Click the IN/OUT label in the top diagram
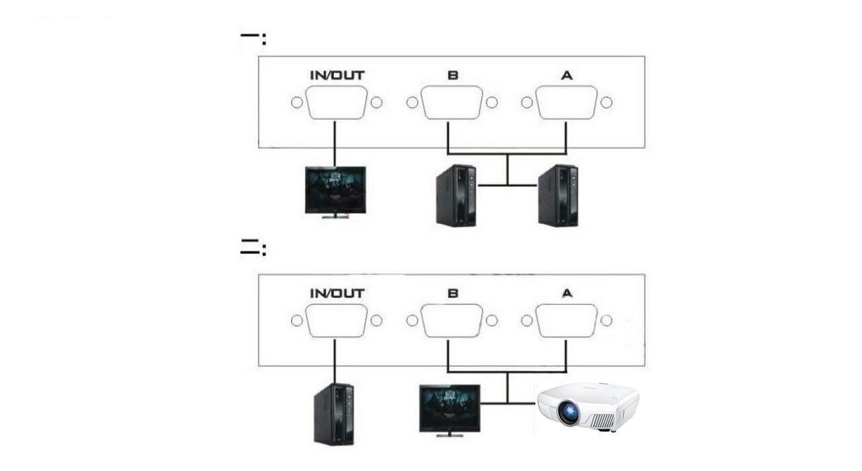pyautogui.click(x=337, y=75)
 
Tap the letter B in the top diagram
pyautogui.click(x=453, y=75)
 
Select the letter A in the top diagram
pyautogui.click(x=566, y=75)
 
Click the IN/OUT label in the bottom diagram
pyautogui.click(x=337, y=293)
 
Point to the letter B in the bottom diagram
pyautogui.click(x=453, y=293)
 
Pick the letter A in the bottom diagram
pyautogui.click(x=566, y=293)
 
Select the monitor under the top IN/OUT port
pyautogui.click(x=335, y=190)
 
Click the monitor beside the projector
pyautogui.click(x=449, y=408)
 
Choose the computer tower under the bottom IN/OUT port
pyautogui.click(x=334, y=414)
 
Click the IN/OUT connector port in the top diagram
pyautogui.click(x=337, y=103)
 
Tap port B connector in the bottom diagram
pyautogui.click(x=451, y=322)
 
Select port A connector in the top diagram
pyautogui.click(x=566, y=103)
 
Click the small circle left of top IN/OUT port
pyautogui.click(x=296, y=103)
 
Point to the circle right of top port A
pyautogui.click(x=607, y=103)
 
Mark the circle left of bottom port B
pyautogui.click(x=411, y=322)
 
